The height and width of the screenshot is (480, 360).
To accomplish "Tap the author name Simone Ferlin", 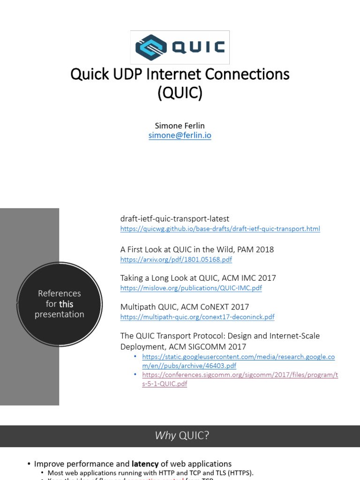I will coord(180,126).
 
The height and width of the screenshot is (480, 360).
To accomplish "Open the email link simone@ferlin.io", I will coord(180,135).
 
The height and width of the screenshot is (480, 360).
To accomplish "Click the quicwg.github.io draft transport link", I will coord(220,229).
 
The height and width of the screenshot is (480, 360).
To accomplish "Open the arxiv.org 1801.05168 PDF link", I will coord(176,259).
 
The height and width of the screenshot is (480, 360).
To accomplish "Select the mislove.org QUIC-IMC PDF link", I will coord(191,288).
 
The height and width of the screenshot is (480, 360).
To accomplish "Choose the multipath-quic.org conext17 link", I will coord(197,317).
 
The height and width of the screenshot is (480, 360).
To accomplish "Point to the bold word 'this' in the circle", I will coord(66,304).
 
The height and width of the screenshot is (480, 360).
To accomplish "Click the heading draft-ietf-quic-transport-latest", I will coord(174,219).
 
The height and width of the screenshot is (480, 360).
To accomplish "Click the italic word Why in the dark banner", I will coord(165,436).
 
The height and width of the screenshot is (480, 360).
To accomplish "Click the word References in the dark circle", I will coord(59,293).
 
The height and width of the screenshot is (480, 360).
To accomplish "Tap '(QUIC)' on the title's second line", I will coord(180,93).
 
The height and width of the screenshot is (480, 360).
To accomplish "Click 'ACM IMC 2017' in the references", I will coord(254,278).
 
